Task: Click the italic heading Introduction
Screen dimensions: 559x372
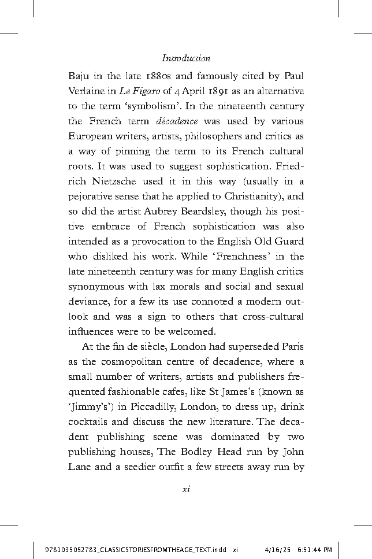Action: click(x=185, y=58)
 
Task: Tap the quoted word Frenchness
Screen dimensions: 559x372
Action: click(x=230, y=257)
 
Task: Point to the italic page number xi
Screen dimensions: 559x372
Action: click(x=185, y=489)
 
